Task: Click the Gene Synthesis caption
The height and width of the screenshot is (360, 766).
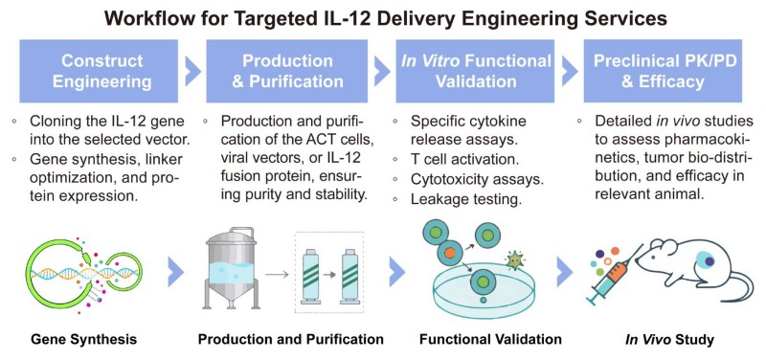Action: [x=84, y=340]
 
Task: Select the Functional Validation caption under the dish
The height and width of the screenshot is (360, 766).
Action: [x=476, y=340]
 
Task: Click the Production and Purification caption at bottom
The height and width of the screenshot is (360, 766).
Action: [x=290, y=340]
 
